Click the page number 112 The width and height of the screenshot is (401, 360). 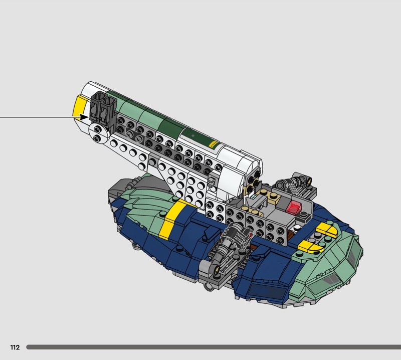pos(15,347)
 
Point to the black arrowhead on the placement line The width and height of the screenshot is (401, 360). pos(84,117)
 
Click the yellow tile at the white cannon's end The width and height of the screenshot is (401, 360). pos(79,106)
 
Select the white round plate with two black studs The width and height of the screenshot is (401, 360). pos(98,133)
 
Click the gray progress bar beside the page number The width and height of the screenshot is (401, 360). pos(214,347)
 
